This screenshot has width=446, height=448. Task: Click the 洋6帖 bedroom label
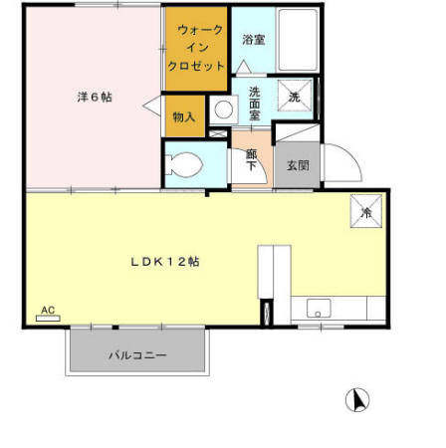[x=95, y=97]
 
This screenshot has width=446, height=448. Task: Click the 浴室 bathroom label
[x=253, y=41]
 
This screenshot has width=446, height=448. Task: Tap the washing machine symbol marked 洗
[x=295, y=97]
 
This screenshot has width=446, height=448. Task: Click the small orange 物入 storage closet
[x=185, y=117]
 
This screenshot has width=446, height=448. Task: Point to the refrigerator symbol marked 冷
[x=365, y=210]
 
